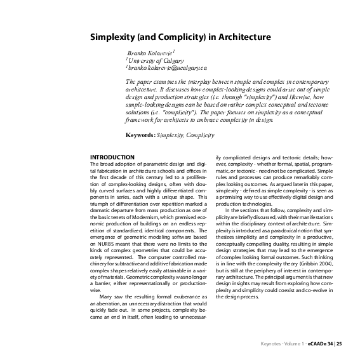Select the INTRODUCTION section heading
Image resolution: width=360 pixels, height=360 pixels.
pyautogui.click(x=112, y=157)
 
